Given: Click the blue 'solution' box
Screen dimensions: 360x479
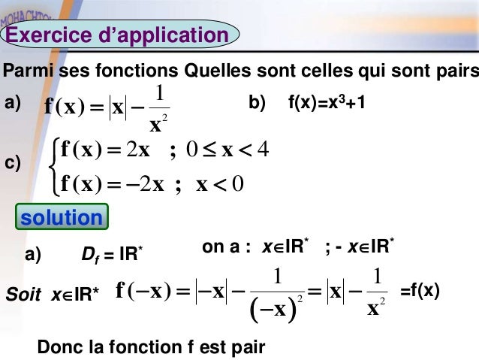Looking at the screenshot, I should point(62,218).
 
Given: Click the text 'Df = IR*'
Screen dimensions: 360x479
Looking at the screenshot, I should point(111,257).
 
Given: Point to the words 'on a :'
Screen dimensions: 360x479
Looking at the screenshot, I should point(226,247).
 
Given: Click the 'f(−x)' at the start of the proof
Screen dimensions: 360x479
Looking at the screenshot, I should point(144,290).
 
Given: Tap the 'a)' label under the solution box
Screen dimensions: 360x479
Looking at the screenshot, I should point(33,256).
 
